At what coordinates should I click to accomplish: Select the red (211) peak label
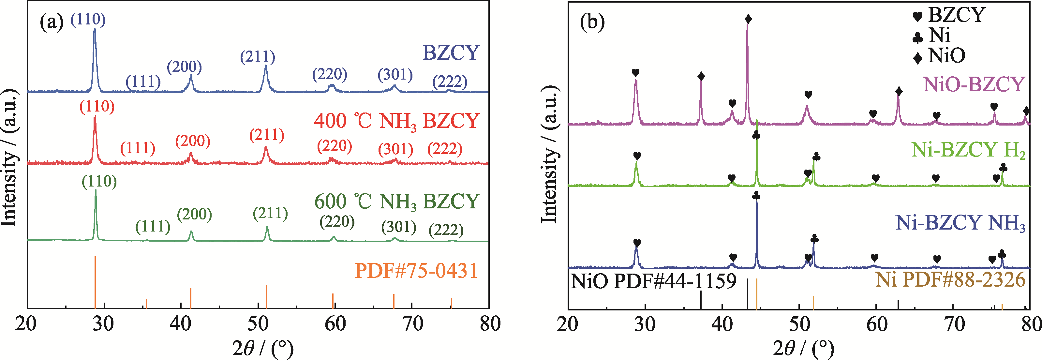[x=267, y=135]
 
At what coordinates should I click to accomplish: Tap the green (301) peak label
[x=398, y=227]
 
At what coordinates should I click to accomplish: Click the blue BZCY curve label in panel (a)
[x=451, y=52]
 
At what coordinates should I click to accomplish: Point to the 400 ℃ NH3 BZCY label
[x=396, y=121]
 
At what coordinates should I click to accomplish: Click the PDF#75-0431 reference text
[x=416, y=271]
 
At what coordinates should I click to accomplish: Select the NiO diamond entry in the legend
[x=938, y=56]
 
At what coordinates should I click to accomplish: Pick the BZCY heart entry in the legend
[x=948, y=15]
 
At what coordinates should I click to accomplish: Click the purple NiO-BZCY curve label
[x=974, y=84]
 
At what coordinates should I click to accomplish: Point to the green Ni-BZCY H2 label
[x=968, y=150]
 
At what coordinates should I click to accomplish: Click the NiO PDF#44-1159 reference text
[x=653, y=281]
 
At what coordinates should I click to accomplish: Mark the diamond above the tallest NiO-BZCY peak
[x=748, y=19]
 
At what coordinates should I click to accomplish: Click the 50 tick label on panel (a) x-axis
[x=258, y=324]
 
